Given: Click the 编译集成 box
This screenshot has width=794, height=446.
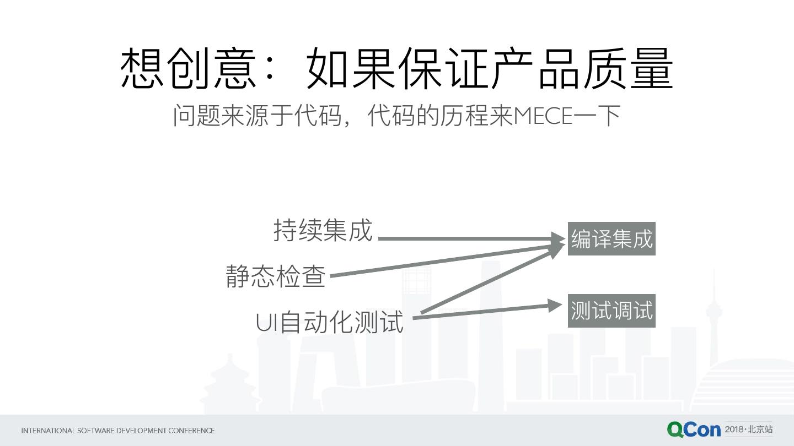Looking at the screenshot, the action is (611, 239).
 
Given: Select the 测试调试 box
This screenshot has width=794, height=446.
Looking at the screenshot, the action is (611, 311).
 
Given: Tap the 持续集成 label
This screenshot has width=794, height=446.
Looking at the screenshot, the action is (323, 230).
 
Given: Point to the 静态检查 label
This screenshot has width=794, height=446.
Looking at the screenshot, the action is (276, 275).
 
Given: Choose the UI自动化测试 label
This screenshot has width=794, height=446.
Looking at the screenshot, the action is (330, 322).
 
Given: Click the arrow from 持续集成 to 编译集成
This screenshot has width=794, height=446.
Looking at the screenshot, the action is (469, 238).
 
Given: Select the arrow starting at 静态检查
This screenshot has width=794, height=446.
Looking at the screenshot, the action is (441, 260).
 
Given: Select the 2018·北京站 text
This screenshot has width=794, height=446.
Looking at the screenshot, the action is (749, 429).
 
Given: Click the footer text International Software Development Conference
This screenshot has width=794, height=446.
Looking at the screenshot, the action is (118, 431).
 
